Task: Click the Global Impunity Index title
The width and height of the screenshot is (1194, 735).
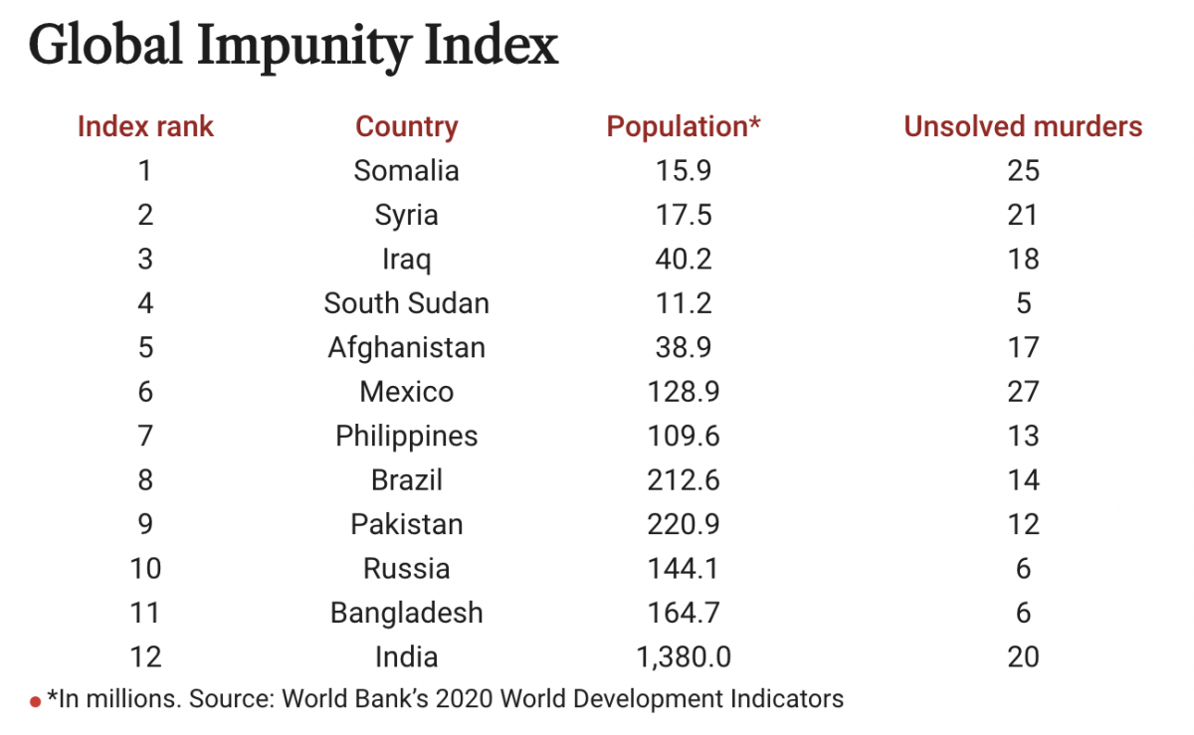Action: (294, 48)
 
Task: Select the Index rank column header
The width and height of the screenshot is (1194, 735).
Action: (145, 127)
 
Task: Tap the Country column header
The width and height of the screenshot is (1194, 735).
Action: (407, 127)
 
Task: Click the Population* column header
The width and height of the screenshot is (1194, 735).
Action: (684, 127)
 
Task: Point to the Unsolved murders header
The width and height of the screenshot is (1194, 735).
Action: (1023, 127)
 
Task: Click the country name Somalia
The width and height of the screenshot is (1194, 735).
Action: (407, 171)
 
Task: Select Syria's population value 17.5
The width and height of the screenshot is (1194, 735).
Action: (684, 215)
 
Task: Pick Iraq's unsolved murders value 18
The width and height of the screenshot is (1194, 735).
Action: (1023, 260)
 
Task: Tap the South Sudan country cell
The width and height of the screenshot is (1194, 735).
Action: (407, 303)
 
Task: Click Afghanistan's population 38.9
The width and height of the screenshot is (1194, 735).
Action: (684, 347)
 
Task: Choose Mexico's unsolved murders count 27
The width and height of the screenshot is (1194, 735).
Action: (1023, 392)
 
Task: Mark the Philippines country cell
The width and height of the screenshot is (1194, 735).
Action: (407, 436)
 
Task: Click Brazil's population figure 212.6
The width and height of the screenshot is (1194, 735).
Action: (684, 480)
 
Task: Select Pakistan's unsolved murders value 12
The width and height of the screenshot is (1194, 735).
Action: (1023, 524)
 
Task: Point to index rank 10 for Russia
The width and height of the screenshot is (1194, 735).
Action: (145, 569)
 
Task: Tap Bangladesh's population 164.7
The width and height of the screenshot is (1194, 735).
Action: (684, 613)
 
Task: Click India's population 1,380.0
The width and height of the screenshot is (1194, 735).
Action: (684, 656)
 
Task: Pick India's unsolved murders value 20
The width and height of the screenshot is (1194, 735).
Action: (1023, 656)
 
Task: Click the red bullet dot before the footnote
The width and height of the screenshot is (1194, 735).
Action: (36, 701)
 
